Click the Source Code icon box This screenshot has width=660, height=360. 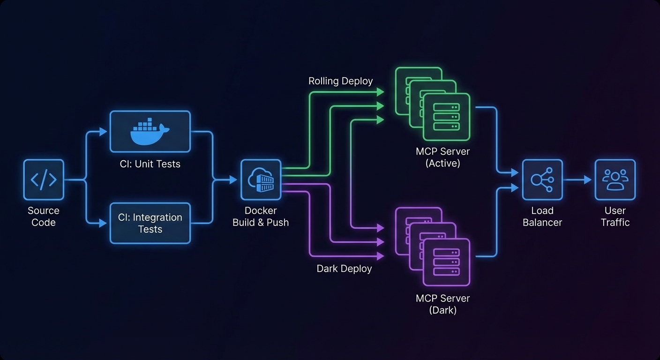tap(44, 180)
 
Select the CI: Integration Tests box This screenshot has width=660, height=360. tap(150, 223)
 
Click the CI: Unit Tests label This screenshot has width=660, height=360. tap(150, 164)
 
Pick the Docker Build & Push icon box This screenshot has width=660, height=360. tap(261, 180)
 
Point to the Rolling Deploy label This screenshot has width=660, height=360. tap(340, 81)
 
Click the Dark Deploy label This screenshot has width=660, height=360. tap(344, 269)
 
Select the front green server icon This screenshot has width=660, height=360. tap(446, 117)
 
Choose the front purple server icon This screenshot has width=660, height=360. tap(446, 262)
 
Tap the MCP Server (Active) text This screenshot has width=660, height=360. tap(442, 157)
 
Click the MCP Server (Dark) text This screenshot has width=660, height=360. tap(442, 304)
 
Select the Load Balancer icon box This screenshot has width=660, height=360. tap(542, 180)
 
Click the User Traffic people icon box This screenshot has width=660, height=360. tap(615, 180)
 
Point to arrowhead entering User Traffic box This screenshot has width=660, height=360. tap(588, 180)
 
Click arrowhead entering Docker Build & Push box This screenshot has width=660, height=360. tap(233, 180)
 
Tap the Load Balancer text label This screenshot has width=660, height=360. tap(542, 217)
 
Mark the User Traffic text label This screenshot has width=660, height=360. tap(615, 217)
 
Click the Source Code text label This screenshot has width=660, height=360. tap(44, 217)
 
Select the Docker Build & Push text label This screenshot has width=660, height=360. tap(261, 217)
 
